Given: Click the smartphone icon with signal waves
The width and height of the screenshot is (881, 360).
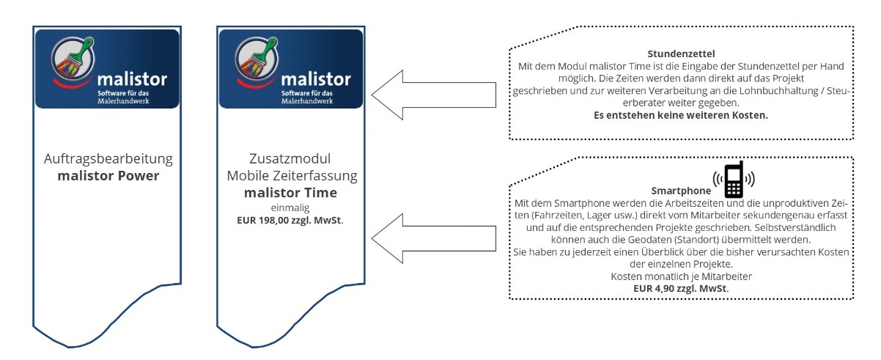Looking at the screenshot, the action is tap(734, 180).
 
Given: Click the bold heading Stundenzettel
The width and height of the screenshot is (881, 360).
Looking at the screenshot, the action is tap(681, 54).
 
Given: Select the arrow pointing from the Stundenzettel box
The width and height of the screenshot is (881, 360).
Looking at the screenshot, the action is tap(433, 95).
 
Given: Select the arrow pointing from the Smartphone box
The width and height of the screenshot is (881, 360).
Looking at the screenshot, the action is tap(433, 238).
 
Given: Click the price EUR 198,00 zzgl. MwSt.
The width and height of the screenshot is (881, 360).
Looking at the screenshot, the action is tap(290, 221).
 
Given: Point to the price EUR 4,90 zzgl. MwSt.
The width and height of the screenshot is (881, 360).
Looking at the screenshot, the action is tap(681, 288).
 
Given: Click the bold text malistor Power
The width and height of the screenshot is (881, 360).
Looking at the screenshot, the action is tap(108, 175).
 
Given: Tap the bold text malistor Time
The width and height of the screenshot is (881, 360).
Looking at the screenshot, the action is tap(291, 192).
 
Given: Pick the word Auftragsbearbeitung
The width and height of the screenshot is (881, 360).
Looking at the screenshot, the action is tap(108, 159).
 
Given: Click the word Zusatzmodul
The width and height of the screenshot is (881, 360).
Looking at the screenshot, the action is tap(290, 158).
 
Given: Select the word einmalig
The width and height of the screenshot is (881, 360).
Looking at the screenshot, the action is tap(290, 207).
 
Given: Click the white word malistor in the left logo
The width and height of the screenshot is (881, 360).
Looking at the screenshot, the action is tap(132, 79).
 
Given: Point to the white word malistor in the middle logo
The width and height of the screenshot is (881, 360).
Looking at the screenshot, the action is tap(316, 79).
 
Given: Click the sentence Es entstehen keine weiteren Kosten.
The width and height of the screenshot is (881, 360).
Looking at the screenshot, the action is tap(681, 115).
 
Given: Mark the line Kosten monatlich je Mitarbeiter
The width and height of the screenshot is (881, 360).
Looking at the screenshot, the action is tap(681, 276).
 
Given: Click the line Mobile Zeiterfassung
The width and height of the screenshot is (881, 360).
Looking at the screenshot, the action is tap(292, 175).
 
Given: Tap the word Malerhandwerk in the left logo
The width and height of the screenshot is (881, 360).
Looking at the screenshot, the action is tap(123, 101).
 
